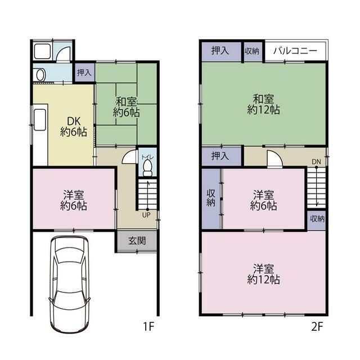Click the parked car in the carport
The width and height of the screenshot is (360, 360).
pos(69,284)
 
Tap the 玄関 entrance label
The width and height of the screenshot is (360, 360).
pos(137,241)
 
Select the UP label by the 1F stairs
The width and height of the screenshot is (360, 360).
pos(146,215)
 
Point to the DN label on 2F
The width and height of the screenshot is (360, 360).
pos(316,161)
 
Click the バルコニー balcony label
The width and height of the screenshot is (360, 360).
pos(295,51)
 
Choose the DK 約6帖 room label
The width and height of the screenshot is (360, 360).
pos(74,127)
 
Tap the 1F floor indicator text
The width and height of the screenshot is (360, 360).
pos(148,326)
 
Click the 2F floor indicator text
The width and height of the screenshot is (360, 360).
pos(317,326)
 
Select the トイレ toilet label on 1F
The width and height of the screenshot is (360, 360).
pos(147,157)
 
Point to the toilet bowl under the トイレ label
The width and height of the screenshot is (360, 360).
pos(147,168)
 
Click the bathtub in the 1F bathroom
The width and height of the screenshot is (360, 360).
pos(42,51)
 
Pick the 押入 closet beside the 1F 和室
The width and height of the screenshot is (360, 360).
pos(84,73)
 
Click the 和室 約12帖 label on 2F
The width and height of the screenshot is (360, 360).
pos(263,105)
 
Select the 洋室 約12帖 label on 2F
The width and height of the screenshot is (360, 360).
pos(263,274)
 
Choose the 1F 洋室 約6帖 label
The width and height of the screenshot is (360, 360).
pos(74,200)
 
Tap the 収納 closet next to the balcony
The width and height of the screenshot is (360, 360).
pos(252,51)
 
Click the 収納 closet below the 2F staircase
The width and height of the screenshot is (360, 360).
pos(317,219)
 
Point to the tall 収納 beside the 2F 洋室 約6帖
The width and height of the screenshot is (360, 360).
pos(211,198)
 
